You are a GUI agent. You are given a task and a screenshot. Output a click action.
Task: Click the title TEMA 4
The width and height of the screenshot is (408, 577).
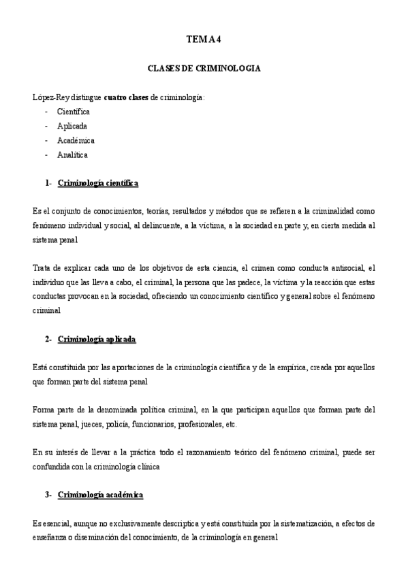(204, 39)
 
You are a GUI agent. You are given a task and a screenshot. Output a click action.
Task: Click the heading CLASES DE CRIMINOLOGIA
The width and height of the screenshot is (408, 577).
(204, 69)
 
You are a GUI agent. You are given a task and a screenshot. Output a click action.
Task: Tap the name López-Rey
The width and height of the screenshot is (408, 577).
(53, 97)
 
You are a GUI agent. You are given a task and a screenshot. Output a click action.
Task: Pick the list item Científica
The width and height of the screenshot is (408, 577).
(74, 112)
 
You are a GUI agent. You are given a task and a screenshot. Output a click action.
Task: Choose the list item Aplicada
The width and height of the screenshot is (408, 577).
(72, 126)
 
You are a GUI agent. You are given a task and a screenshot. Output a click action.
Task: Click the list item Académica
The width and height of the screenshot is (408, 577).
(76, 140)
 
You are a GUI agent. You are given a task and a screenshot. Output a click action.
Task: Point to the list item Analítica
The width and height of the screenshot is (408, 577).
(73, 154)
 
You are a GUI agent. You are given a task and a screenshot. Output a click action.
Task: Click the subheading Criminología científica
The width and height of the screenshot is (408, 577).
(98, 183)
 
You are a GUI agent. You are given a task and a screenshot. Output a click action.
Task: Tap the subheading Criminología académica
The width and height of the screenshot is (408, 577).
(101, 495)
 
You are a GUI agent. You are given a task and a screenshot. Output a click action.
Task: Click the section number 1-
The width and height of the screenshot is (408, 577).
(48, 183)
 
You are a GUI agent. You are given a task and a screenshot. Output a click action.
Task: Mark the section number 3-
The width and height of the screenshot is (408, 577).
(48, 495)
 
